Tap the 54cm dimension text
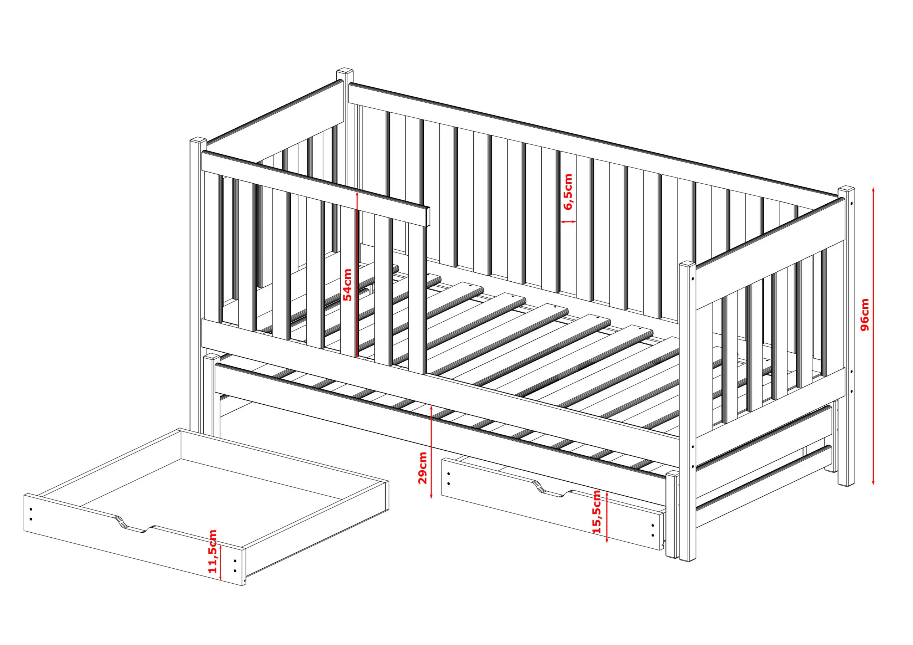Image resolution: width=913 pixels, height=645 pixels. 347,285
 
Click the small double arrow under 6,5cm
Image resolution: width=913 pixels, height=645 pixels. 568,221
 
